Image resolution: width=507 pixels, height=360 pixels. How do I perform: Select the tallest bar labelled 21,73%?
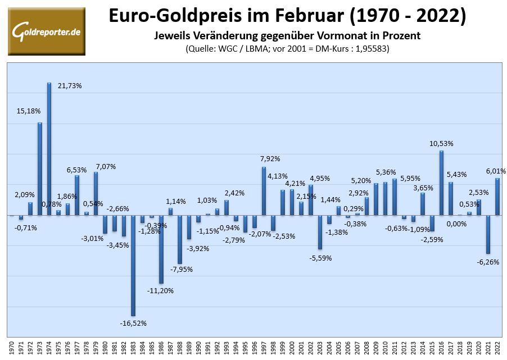pyautogui.click(x=49, y=149)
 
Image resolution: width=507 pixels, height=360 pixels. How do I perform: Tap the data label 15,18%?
pyautogui.click(x=29, y=111)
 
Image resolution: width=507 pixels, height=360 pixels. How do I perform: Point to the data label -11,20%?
pyautogui.click(x=161, y=290)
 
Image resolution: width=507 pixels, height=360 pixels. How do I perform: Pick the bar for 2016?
pyautogui.click(x=441, y=183)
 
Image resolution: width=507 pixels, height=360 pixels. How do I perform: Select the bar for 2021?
pyautogui.click(x=488, y=234)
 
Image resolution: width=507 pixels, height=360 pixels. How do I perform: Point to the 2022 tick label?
pyautogui.click(x=497, y=347)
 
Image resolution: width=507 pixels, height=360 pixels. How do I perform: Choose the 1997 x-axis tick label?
pyautogui.click(x=264, y=347)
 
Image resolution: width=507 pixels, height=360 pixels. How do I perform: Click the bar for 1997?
pyautogui.click(x=264, y=191)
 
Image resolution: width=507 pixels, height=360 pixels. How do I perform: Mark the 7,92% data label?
pyautogui.click(x=269, y=159)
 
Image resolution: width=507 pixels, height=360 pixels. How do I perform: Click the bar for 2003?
pyautogui.click(x=320, y=231)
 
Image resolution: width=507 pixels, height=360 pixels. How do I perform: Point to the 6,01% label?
pyautogui.click(x=496, y=171)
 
